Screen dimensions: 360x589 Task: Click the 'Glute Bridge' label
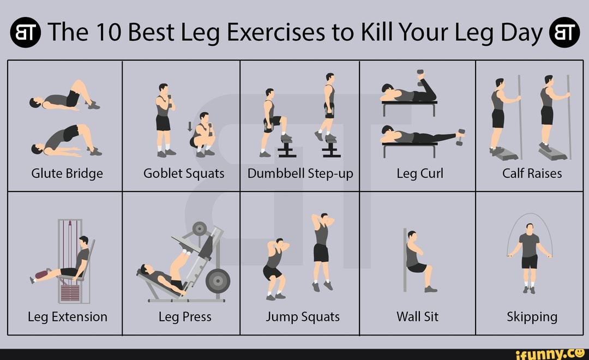[x=67, y=173]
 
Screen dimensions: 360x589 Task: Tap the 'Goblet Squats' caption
[x=184, y=173]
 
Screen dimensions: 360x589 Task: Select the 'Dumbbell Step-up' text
[x=300, y=173]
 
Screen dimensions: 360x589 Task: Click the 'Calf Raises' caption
[x=532, y=173]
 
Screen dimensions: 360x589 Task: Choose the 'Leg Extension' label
[x=68, y=317]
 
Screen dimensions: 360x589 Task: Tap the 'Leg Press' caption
[x=185, y=317]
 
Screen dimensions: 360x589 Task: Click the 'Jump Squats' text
[x=303, y=317]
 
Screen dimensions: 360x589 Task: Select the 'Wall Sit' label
[x=417, y=317]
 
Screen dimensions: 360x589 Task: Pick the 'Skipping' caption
[x=532, y=317]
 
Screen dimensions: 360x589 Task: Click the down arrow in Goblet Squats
[x=190, y=127]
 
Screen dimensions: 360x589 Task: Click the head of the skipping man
[x=529, y=227]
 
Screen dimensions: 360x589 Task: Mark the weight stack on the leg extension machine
[x=70, y=292]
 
